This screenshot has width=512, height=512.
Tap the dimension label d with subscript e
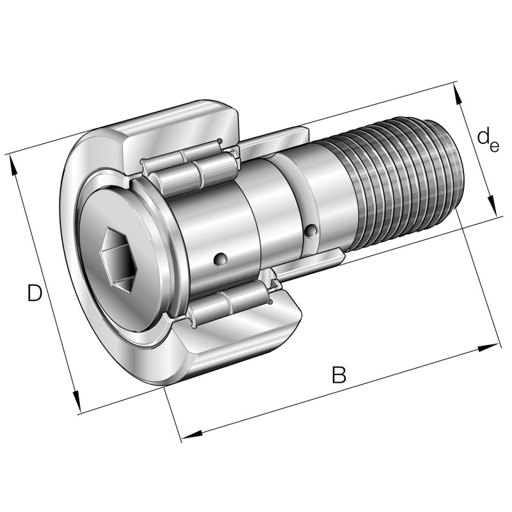pyautogui.click(x=488, y=140)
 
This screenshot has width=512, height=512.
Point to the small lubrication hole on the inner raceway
pyautogui.click(x=220, y=259)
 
